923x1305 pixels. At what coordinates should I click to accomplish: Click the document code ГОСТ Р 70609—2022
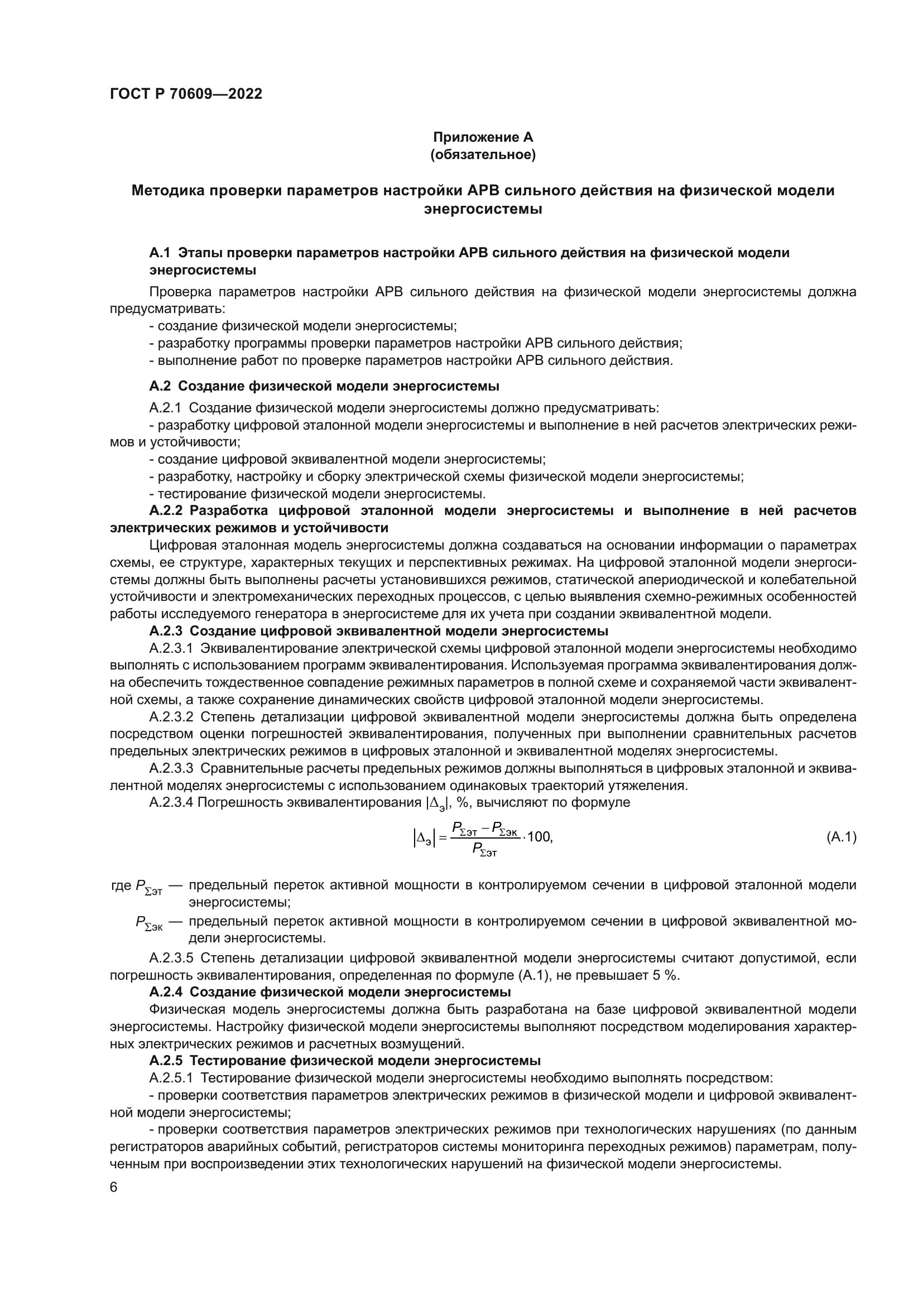point(186,94)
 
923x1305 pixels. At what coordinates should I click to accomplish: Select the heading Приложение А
point(483,137)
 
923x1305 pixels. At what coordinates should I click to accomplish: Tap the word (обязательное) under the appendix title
point(483,155)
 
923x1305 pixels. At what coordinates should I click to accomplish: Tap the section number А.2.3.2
point(171,717)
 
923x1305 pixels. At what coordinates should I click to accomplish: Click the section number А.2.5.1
point(171,1078)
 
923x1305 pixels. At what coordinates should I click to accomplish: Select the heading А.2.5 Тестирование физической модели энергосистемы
point(344,1061)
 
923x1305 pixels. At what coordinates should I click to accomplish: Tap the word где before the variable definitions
point(121,885)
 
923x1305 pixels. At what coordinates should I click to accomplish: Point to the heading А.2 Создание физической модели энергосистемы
point(324,387)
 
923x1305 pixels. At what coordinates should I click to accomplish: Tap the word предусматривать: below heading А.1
point(167,309)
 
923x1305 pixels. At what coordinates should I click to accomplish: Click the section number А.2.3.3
point(171,768)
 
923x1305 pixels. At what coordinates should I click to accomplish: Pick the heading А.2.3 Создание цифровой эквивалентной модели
point(378,631)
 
